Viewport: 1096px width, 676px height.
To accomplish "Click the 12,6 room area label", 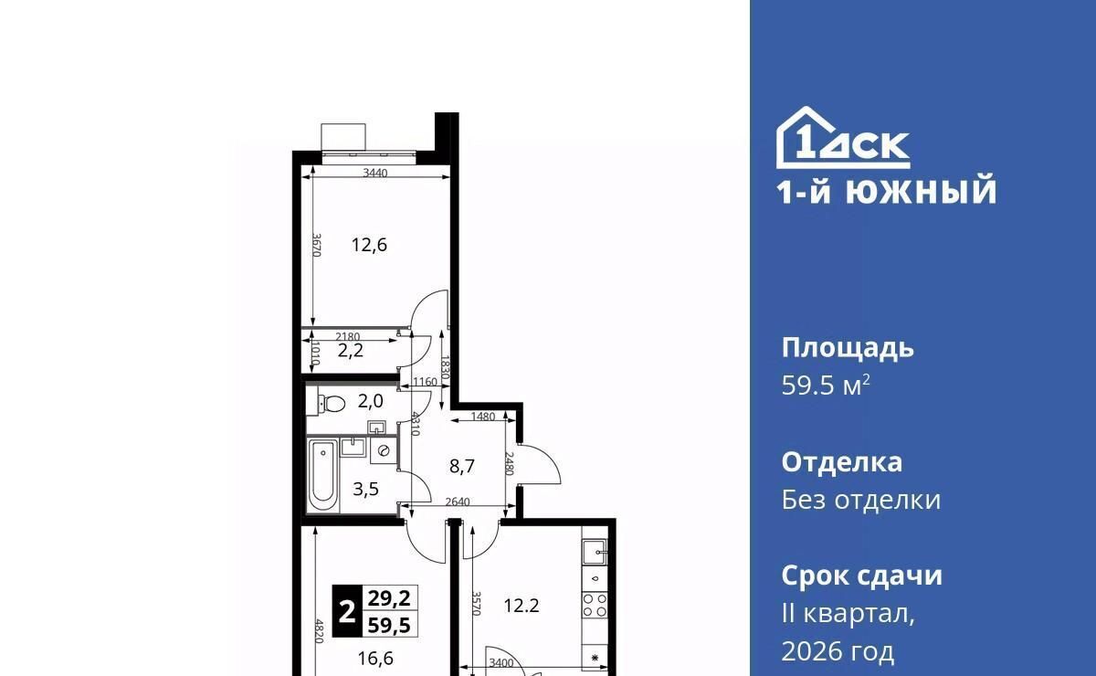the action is click(x=369, y=245).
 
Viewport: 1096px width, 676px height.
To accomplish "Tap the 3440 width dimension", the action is click(x=375, y=173).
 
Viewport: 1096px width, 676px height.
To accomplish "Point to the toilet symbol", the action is click(x=332, y=404).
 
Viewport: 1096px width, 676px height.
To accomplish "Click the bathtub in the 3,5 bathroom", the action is click(x=323, y=476).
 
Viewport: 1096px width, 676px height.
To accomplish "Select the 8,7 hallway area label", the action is click(x=462, y=467).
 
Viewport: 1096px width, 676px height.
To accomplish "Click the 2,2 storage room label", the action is click(x=351, y=351).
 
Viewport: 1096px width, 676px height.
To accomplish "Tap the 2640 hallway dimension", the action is click(x=458, y=502).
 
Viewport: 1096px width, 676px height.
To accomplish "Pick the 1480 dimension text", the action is click(x=483, y=417).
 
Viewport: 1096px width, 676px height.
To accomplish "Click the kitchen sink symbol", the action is click(x=595, y=552).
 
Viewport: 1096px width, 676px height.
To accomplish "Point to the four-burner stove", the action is click(x=595, y=606).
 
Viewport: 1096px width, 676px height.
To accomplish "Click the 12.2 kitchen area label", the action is click(x=522, y=606).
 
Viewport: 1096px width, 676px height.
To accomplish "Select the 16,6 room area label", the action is click(x=375, y=659).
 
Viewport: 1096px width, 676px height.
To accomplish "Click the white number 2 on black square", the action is click(x=347, y=611).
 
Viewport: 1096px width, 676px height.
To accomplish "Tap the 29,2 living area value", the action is click(x=389, y=598).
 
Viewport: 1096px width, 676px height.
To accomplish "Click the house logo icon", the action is click(x=843, y=138).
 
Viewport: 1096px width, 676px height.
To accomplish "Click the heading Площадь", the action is click(x=848, y=349).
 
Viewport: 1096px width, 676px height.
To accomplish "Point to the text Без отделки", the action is click(x=860, y=500).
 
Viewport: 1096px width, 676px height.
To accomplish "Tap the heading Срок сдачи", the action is click(x=861, y=576).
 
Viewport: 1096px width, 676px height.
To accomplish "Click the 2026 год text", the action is click(x=838, y=651).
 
